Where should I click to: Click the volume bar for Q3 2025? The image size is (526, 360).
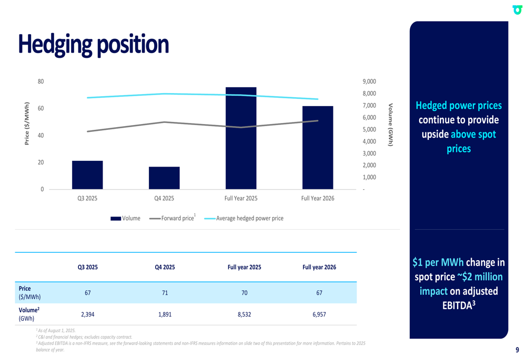click(x=87, y=175)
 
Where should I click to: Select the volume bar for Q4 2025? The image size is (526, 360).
click(x=164, y=178)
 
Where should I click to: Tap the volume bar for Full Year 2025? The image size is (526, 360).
click(x=241, y=138)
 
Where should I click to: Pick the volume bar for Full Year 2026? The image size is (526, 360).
click(x=318, y=148)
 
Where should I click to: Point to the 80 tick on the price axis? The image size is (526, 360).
click(x=41, y=81)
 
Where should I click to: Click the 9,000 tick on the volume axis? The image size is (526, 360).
click(x=369, y=81)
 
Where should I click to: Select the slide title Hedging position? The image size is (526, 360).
click(x=94, y=45)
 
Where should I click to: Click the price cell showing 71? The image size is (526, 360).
click(x=165, y=293)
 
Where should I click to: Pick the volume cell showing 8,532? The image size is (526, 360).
click(x=244, y=314)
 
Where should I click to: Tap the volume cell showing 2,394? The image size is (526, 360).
click(x=88, y=314)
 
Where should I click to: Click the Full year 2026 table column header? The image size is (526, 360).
click(x=319, y=267)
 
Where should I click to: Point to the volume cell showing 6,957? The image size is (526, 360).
click(x=319, y=314)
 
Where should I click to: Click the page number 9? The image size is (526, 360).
click(x=517, y=350)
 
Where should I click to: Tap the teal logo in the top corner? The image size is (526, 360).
click(x=518, y=9)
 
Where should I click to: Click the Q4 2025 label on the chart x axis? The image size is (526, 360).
click(x=164, y=198)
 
